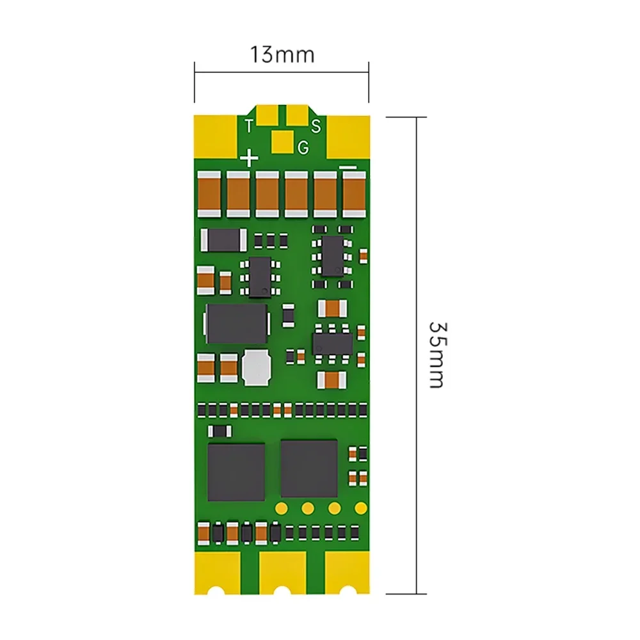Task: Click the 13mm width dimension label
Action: [x=282, y=55]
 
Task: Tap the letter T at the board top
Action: [x=248, y=125]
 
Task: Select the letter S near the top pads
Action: [x=316, y=125]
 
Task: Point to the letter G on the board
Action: [x=303, y=147]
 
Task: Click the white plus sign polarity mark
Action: [x=248, y=157]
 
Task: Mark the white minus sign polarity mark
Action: [x=349, y=167]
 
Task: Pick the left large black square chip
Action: [x=236, y=472]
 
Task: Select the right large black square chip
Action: [x=309, y=468]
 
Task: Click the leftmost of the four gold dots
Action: [x=280, y=509]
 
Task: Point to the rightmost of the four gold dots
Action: [x=361, y=509]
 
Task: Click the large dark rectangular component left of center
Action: [x=236, y=323]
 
